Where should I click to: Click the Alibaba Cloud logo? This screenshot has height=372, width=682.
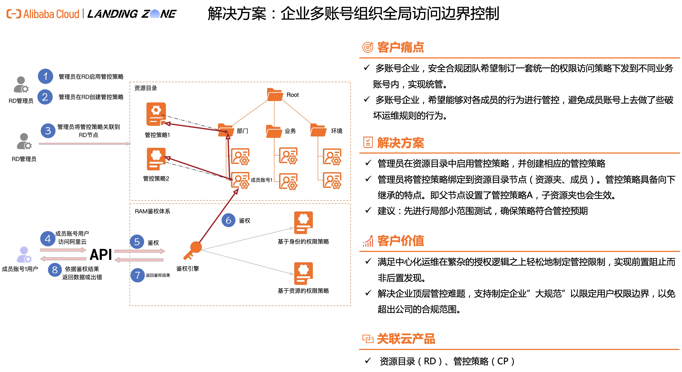pyautogui.click(x=43, y=14)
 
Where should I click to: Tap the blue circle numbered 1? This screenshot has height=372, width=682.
pyautogui.click(x=46, y=76)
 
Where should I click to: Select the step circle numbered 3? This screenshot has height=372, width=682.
pyautogui.click(x=48, y=131)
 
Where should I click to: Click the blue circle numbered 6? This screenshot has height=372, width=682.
pyautogui.click(x=228, y=220)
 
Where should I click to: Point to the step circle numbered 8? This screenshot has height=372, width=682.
pyautogui.click(x=55, y=270)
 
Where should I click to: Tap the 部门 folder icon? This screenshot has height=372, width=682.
pyautogui.click(x=226, y=130)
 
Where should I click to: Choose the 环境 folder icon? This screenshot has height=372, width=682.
pyautogui.click(x=318, y=130)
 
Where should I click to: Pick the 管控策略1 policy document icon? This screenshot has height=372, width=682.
pyautogui.click(x=156, y=114)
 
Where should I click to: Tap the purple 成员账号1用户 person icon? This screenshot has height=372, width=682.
pyautogui.click(x=24, y=254)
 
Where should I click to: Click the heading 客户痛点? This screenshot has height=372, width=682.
pyautogui.click(x=400, y=48)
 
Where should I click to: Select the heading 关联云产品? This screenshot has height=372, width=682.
pyautogui.click(x=406, y=339)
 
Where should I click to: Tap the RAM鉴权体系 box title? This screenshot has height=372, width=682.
pyautogui.click(x=152, y=211)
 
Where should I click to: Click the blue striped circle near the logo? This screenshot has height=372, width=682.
pyautogui.click(x=155, y=14)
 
